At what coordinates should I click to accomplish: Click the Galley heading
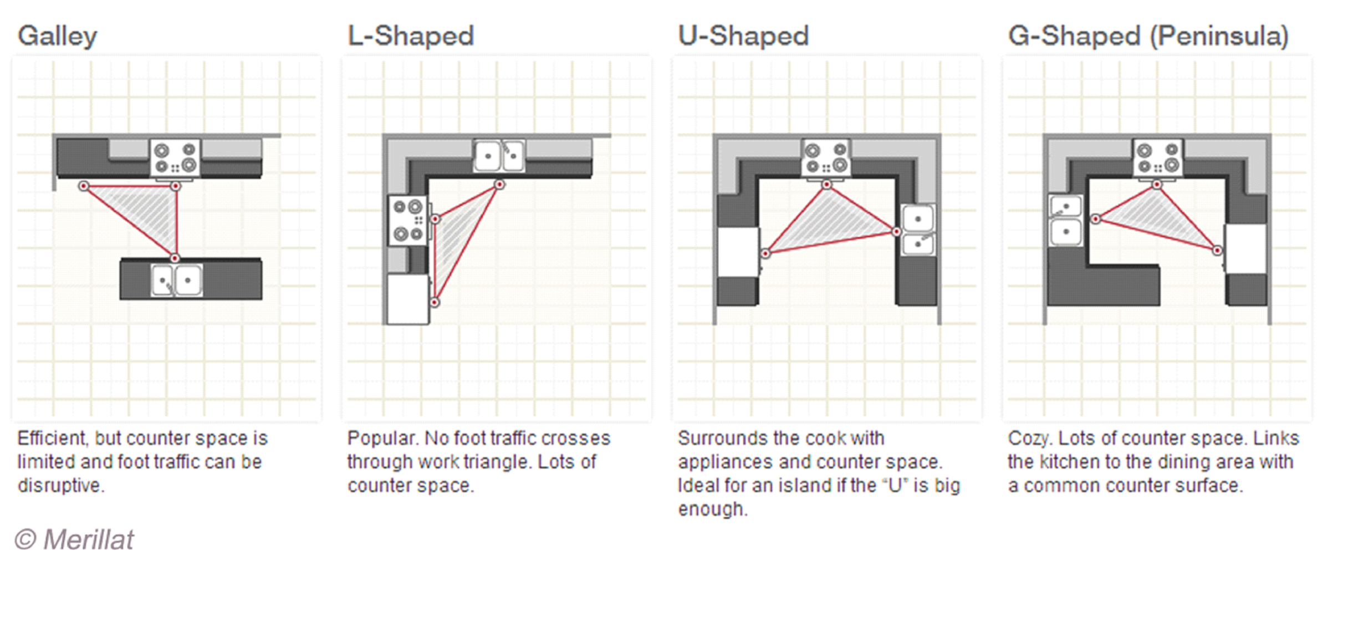point(58,37)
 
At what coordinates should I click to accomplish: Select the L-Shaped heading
point(411,35)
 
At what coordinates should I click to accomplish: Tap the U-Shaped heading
point(743,35)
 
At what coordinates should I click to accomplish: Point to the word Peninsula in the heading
point(1218,35)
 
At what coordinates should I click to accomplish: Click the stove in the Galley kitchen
point(175,158)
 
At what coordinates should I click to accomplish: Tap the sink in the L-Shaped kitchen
point(499,155)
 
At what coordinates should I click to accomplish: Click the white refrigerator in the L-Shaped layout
point(408,299)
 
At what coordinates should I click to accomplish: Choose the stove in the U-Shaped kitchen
point(826,158)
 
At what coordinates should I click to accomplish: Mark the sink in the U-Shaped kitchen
point(918,230)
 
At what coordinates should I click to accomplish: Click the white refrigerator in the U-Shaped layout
point(738,252)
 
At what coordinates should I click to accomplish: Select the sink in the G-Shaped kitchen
point(1065,221)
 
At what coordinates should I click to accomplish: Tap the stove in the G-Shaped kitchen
point(1157,158)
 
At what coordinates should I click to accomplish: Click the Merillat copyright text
point(74,539)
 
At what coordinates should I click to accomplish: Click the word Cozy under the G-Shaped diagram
point(1029,439)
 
